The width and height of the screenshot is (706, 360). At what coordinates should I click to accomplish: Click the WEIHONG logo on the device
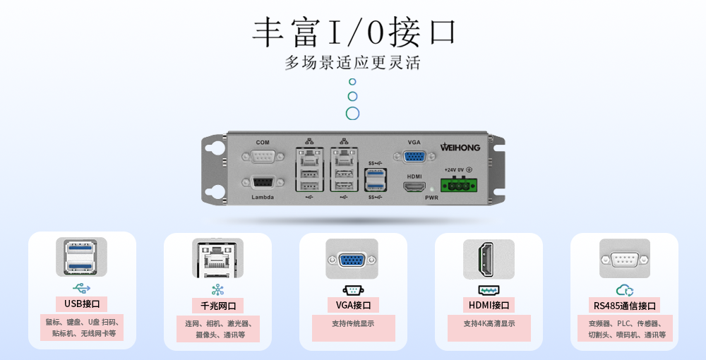pyautogui.click(x=460, y=147)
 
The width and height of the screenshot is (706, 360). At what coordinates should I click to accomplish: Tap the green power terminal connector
pyautogui.click(x=459, y=184)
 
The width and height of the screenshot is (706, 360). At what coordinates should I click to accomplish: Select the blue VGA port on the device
pyautogui.click(x=414, y=157)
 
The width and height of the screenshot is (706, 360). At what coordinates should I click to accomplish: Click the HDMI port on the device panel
pyautogui.click(x=414, y=187)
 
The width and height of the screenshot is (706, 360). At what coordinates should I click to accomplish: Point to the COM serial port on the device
pyautogui.click(x=263, y=157)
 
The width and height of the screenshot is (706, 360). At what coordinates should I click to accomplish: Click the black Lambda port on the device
pyautogui.click(x=263, y=183)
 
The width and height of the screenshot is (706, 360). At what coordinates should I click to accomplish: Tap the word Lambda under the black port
pyautogui.click(x=263, y=197)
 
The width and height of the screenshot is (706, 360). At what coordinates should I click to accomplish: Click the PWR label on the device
pyautogui.click(x=431, y=198)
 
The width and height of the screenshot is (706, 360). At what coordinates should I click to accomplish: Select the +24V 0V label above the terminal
pyautogui.click(x=455, y=170)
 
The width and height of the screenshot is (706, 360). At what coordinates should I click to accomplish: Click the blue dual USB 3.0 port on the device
pyautogui.click(x=376, y=179)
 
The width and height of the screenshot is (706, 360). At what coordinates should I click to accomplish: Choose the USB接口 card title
pyautogui.click(x=82, y=304)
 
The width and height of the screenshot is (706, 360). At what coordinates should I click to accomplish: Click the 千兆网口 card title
pyautogui.click(x=218, y=306)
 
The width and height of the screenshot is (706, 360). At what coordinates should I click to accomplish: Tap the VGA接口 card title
pyautogui.click(x=354, y=305)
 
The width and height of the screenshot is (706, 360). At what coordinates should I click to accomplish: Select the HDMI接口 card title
pyautogui.click(x=489, y=305)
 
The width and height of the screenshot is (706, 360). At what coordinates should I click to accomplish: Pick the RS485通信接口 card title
pyautogui.click(x=625, y=306)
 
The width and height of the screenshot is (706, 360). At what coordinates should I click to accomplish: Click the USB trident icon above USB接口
pyautogui.click(x=81, y=288)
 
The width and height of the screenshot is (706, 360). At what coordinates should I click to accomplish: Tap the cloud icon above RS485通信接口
pyautogui.click(x=625, y=290)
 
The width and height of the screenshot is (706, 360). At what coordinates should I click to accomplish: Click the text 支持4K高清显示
pyautogui.click(x=489, y=323)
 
